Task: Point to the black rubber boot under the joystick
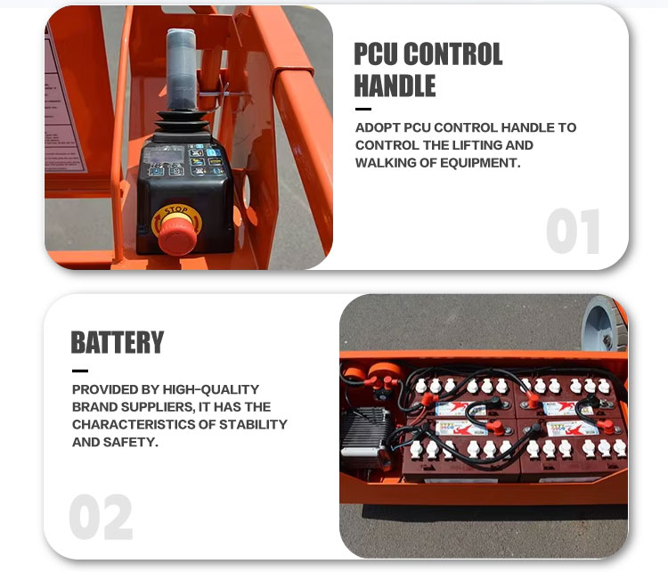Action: tap(182, 125)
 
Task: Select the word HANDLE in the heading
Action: tap(395, 86)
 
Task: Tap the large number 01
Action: tap(573, 231)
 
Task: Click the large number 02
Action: tap(101, 518)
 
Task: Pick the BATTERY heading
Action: tap(118, 343)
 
